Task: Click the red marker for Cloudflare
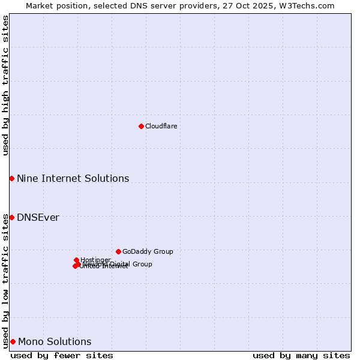tap(141, 126)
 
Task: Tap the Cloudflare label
tap(161, 126)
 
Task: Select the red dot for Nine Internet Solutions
tap(11, 178)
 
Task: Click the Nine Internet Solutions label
tap(73, 178)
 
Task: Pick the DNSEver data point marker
tap(11, 217)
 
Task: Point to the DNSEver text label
tap(38, 217)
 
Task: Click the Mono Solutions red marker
tap(13, 341)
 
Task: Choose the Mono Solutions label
tap(55, 341)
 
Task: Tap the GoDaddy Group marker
tap(118, 251)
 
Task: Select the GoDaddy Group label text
tap(148, 251)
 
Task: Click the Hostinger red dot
tap(76, 260)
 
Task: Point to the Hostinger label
tap(95, 260)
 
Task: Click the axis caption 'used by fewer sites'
tap(62, 355)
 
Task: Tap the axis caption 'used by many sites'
tap(301, 355)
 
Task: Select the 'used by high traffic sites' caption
tap(5, 85)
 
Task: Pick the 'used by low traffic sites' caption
tap(5, 281)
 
